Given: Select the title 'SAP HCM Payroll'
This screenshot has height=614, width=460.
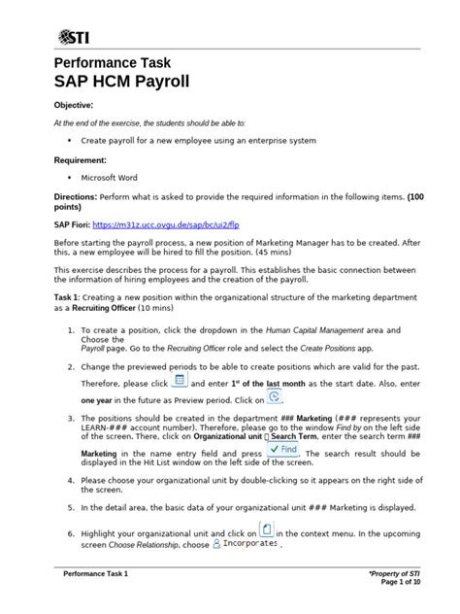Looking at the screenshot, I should click(133, 84).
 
